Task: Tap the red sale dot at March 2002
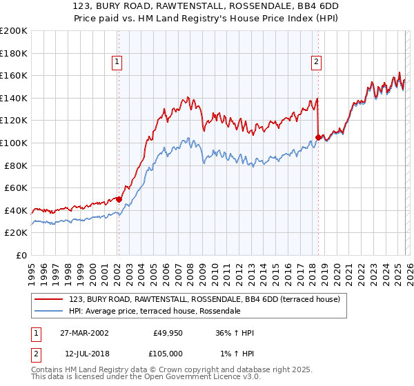point(119,199)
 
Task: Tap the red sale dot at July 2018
point(318,137)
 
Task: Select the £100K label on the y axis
point(14,143)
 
